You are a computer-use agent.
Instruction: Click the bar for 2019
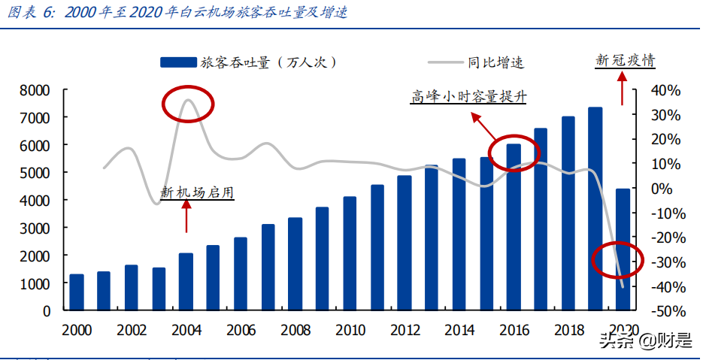(x=595, y=209)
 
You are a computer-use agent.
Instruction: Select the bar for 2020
(x=623, y=250)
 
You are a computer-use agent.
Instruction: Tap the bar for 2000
(x=77, y=292)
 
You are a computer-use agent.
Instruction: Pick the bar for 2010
(x=350, y=253)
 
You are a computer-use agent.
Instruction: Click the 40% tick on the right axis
(x=666, y=90)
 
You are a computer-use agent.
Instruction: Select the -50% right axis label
(x=665, y=310)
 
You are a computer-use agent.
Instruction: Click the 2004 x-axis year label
(x=186, y=330)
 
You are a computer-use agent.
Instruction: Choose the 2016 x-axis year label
(x=514, y=330)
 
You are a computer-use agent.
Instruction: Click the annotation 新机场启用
(x=198, y=193)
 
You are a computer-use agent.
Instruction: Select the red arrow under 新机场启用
(x=186, y=217)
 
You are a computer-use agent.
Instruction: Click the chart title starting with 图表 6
(x=177, y=13)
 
